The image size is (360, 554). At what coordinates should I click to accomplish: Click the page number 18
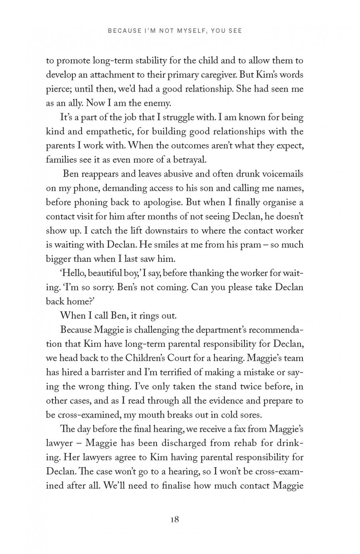point(174,520)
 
